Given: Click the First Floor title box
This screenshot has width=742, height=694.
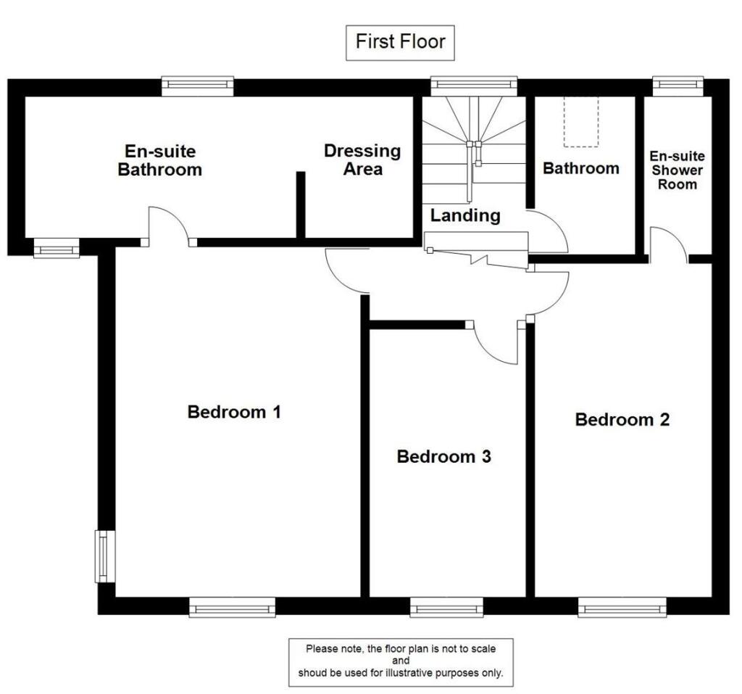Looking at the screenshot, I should [x=400, y=42].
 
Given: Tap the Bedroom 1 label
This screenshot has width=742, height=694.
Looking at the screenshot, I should [x=234, y=412].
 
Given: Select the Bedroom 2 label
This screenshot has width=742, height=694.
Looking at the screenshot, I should [x=622, y=419].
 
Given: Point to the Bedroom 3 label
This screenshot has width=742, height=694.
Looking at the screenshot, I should [x=444, y=457].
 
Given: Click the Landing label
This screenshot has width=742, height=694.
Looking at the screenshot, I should [x=464, y=215].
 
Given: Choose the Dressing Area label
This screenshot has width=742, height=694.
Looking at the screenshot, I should [x=362, y=160].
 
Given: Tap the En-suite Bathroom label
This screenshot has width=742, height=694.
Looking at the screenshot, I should [x=159, y=161].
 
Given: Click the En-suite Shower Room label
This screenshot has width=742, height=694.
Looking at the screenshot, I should [x=677, y=170].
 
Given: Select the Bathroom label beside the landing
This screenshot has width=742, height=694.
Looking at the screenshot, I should [x=581, y=168].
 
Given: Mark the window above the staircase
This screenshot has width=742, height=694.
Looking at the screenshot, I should [x=474, y=86].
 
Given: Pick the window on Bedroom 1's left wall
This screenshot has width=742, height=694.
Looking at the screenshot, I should [x=105, y=556].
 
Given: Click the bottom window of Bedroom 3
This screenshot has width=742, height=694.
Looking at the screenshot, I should [x=446, y=607].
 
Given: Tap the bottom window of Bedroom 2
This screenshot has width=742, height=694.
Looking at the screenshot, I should [x=622, y=607].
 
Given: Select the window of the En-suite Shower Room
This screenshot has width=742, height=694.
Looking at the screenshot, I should [x=678, y=86].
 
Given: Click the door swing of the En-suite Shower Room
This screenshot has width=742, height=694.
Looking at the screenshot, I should [x=668, y=244].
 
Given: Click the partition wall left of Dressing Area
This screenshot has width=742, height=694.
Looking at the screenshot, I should [x=300, y=206].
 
